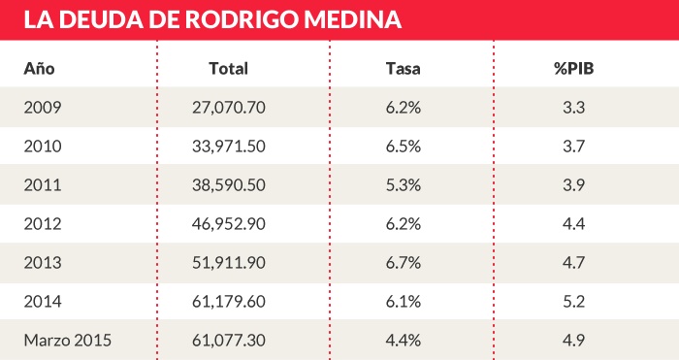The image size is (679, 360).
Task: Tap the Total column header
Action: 229,69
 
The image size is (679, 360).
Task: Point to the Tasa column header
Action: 403,69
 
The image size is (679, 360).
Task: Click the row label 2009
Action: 42,108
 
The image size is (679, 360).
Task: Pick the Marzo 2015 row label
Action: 68,341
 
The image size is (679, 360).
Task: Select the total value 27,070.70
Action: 229,108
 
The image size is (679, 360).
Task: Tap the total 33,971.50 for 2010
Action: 229,147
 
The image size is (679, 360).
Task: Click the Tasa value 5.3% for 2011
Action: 403,185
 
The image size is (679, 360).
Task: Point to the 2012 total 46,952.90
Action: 229,224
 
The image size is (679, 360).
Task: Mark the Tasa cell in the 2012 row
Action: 403,224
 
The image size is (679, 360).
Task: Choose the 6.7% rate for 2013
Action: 403,263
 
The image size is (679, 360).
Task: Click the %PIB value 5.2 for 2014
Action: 573,302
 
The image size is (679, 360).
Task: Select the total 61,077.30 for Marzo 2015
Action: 229,341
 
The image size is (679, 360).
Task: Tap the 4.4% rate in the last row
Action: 403,341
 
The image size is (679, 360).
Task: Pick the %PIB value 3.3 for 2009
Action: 573,108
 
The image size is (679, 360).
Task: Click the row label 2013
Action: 42,263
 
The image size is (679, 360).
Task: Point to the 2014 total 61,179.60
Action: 229,302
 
